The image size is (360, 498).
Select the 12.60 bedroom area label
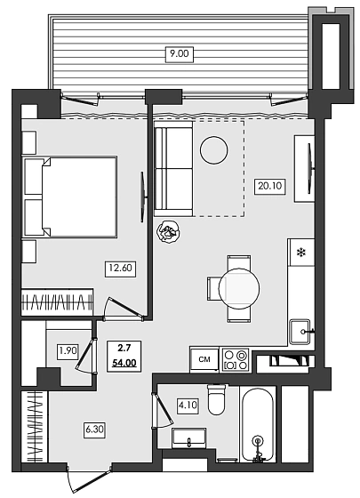click(121, 265)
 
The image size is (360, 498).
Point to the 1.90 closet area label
click(68, 350)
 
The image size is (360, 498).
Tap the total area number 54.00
click(125, 364)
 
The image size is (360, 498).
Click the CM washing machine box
click(204, 359)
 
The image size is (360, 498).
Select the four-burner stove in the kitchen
click(236, 359)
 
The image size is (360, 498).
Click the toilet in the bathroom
click(217, 400)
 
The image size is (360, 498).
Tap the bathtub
click(257, 423)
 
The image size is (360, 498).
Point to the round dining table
click(239, 288)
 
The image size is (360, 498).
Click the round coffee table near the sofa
click(213, 150)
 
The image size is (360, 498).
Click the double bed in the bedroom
click(71, 197)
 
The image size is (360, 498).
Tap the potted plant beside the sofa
click(168, 233)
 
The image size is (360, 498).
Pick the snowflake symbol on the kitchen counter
click(301, 253)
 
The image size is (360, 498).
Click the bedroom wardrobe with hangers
click(58, 299)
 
